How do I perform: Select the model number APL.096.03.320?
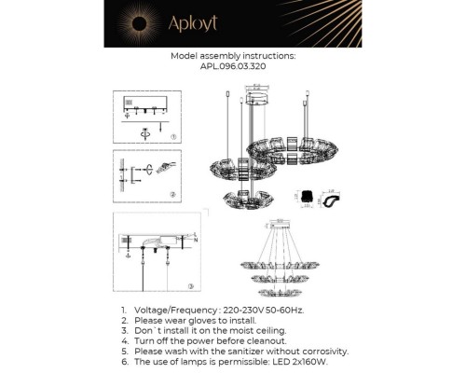[233, 67]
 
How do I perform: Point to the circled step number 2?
[172, 194]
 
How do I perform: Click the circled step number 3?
[190, 284]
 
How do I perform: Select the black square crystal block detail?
[306, 198]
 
